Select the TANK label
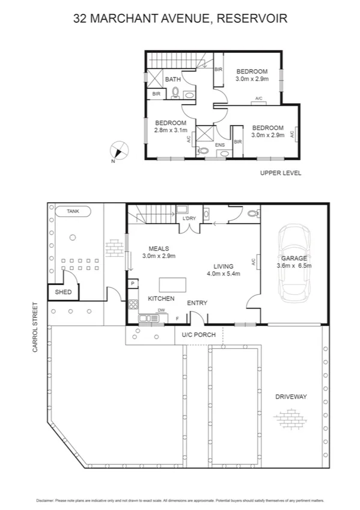(72, 212)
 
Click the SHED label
(63, 292)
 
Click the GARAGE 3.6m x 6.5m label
(294, 262)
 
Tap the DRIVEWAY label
(291, 397)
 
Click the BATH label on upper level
(173, 79)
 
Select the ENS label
(220, 145)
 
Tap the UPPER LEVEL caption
(280, 173)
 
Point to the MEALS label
(159, 248)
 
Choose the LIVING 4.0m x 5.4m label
(223, 269)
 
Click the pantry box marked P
(132, 283)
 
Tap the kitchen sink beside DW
(148, 318)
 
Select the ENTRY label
(197, 303)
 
